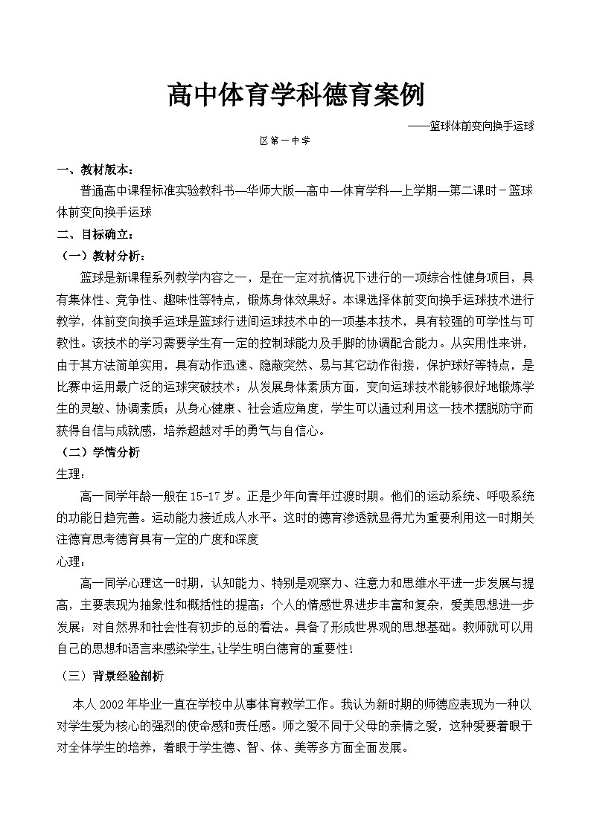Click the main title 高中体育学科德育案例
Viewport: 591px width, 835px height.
(295, 96)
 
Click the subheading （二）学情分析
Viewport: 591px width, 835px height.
(98, 452)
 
